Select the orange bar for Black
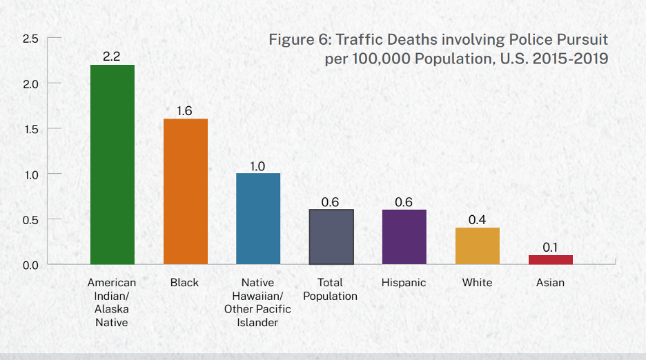click(x=186, y=191)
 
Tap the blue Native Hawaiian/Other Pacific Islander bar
click(x=258, y=219)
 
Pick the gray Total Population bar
click(x=331, y=237)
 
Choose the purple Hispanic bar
click(x=404, y=237)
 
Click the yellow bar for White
click(x=478, y=246)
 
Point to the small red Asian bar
click(x=551, y=259)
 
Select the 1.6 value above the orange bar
click(x=185, y=110)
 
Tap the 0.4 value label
click(x=478, y=219)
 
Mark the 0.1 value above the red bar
click(x=551, y=247)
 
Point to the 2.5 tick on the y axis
click(x=30, y=39)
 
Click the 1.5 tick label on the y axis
click(x=30, y=129)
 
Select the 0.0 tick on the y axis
click(x=30, y=265)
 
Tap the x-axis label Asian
click(x=550, y=283)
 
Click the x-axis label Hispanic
click(x=404, y=283)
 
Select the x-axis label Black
click(x=184, y=283)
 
